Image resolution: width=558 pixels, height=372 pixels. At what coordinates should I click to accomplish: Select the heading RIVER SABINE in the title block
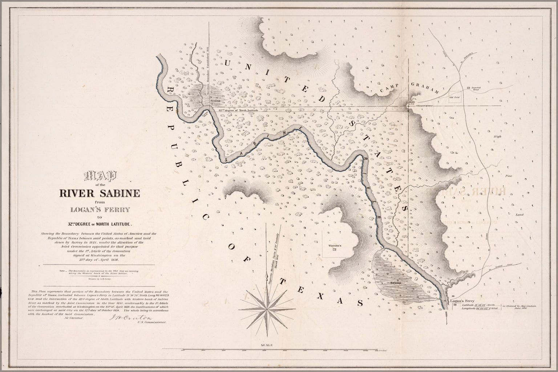(x=100, y=193)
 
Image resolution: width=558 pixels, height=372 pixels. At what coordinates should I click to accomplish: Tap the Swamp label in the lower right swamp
(x=396, y=282)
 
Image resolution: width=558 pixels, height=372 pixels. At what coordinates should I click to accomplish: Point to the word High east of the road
(x=497, y=136)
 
